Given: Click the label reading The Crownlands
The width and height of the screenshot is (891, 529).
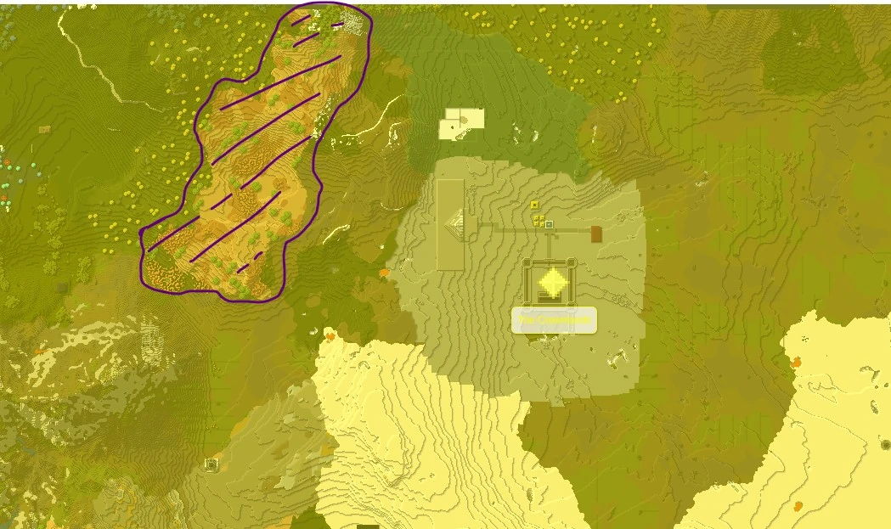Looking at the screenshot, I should pos(554,320).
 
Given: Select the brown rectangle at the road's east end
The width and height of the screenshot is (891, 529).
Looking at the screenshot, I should pos(596,234).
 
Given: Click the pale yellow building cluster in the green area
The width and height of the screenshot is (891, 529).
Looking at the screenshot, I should pos(460,124).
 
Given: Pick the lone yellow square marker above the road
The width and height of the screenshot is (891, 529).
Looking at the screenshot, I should pos(534,205).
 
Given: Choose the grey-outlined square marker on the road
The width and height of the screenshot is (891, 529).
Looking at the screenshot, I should pos(550,225).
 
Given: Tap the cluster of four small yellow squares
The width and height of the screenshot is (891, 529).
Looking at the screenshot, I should pos(539,221).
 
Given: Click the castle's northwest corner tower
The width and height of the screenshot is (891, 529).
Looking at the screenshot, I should pos(527,262).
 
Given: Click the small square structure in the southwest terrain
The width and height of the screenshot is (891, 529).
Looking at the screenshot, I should pos(211,464).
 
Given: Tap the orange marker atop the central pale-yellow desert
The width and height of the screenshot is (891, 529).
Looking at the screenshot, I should pos(330,336).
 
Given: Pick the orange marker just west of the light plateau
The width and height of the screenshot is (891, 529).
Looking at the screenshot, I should pos(384,273).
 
